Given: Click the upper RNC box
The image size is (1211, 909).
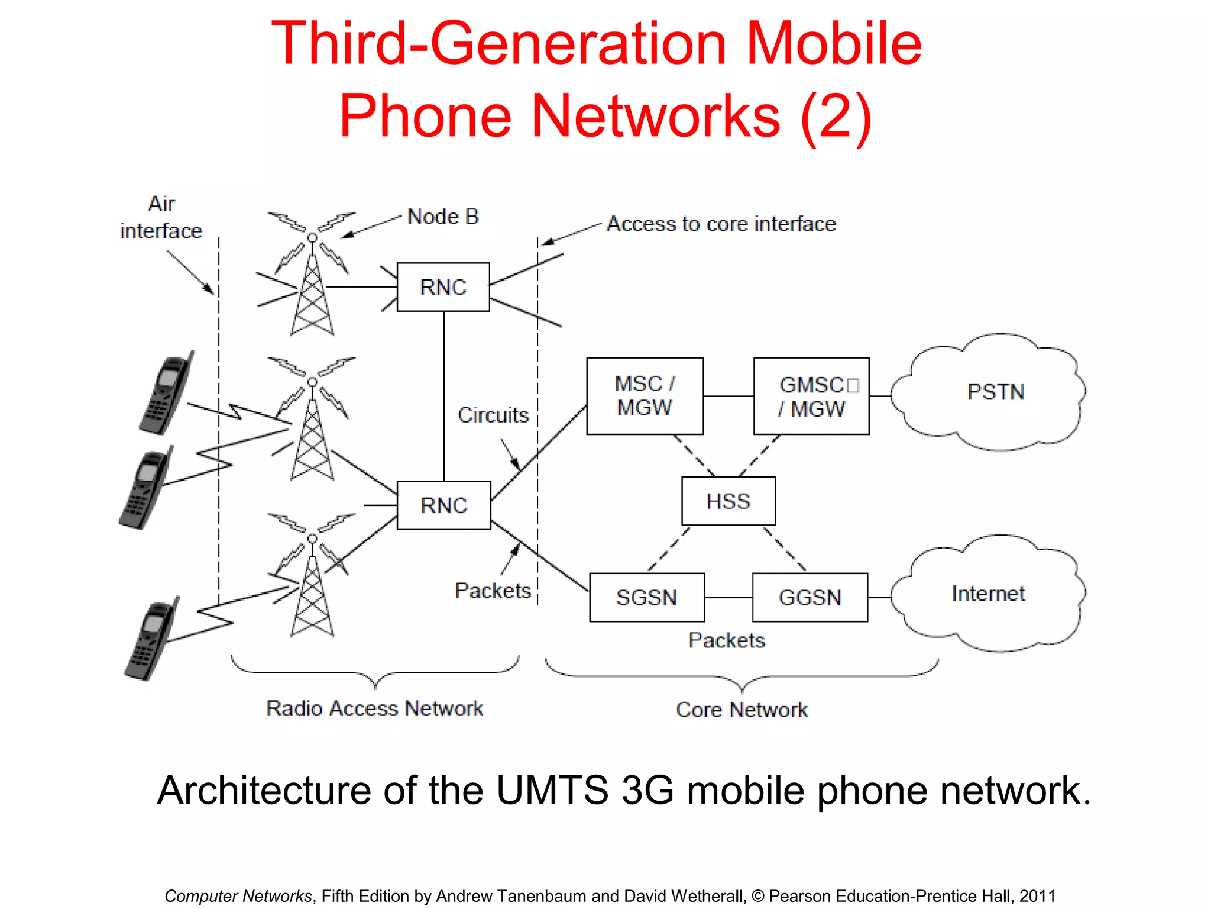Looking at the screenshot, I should coord(443,287).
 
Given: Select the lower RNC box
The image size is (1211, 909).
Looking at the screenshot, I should coord(443,505).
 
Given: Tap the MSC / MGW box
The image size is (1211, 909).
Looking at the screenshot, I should coord(645,396).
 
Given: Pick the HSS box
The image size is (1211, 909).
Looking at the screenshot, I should coord(728,501).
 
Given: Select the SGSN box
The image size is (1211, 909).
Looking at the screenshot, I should coord(647,598).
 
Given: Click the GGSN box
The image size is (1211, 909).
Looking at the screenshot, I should coord(810,598).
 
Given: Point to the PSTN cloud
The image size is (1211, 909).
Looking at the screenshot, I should coord(995,392).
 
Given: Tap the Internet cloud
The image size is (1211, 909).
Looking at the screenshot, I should coord(988,594).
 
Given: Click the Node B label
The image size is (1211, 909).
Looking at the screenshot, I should coord(443,217).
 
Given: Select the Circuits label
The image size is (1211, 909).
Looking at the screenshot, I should coord(493,415).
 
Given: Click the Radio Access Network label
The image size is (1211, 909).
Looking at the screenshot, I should coord(374,708).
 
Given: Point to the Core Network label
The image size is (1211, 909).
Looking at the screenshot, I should coord(742,710).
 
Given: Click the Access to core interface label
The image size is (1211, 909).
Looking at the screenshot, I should coord(721,224).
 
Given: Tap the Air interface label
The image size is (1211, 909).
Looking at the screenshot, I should coord(161,217).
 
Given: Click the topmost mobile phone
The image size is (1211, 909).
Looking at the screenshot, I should coord(166,394).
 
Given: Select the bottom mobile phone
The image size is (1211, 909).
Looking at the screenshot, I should coord(151,639).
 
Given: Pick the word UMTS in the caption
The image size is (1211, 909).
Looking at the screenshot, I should coord(552,791).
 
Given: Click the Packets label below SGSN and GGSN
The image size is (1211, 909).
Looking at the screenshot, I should coord(727,640).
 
